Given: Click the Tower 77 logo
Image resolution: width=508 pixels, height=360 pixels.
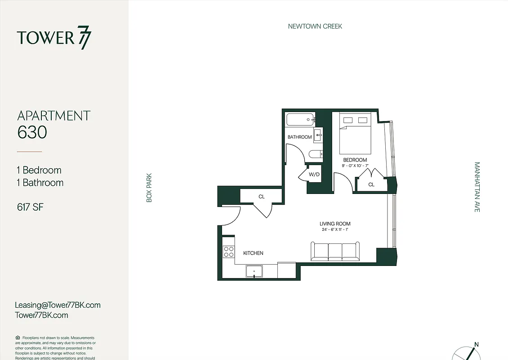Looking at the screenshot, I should [54, 37].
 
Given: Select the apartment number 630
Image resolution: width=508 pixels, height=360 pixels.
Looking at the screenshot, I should [32, 132].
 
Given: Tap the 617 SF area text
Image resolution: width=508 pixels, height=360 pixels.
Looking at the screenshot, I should [30, 207].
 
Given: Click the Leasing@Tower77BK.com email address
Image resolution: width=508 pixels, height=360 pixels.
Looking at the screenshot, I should [58, 305].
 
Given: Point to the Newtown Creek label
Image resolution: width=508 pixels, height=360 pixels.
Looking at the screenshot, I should [315, 27].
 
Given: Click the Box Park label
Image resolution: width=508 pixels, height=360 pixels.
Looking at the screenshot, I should [149, 188].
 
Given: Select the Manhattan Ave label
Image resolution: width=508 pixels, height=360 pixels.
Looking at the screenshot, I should [477, 187].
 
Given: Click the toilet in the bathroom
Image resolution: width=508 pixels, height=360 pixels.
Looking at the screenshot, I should [316, 154].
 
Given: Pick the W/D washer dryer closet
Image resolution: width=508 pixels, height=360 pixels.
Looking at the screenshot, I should [314, 175].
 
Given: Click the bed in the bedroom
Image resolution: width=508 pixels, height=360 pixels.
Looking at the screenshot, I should [355, 134].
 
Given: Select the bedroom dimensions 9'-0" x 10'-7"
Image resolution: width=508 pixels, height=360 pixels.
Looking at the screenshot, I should [355, 166].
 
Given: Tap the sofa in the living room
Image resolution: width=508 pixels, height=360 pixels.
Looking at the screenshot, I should [335, 251].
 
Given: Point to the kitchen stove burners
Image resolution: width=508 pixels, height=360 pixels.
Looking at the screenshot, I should [228, 252].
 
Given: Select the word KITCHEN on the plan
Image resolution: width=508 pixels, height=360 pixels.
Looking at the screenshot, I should [253, 253].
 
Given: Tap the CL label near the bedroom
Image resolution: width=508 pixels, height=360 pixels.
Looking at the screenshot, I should [371, 184].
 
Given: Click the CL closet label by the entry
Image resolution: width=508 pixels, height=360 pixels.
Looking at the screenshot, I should [261, 197].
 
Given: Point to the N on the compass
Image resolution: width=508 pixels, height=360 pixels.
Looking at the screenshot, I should [477, 345].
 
